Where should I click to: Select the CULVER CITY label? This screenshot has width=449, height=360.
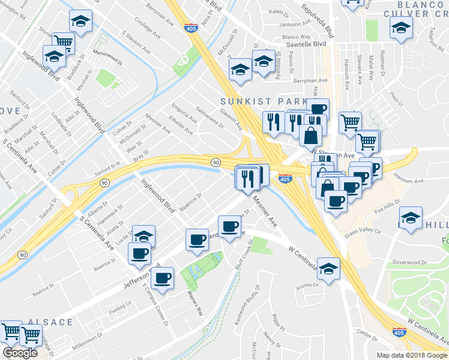[414, 11]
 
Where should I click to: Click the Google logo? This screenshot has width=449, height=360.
[20, 353]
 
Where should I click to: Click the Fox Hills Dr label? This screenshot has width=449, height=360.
[387, 211]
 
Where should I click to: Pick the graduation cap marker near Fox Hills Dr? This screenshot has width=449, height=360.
[411, 218]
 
